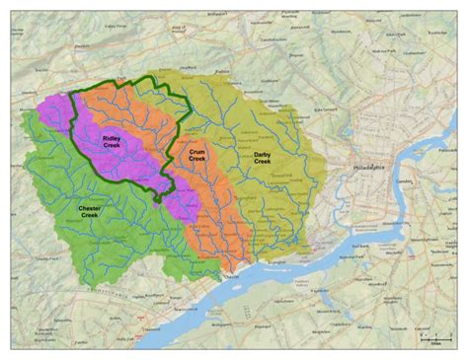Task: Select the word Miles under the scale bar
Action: [x=434, y=342]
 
